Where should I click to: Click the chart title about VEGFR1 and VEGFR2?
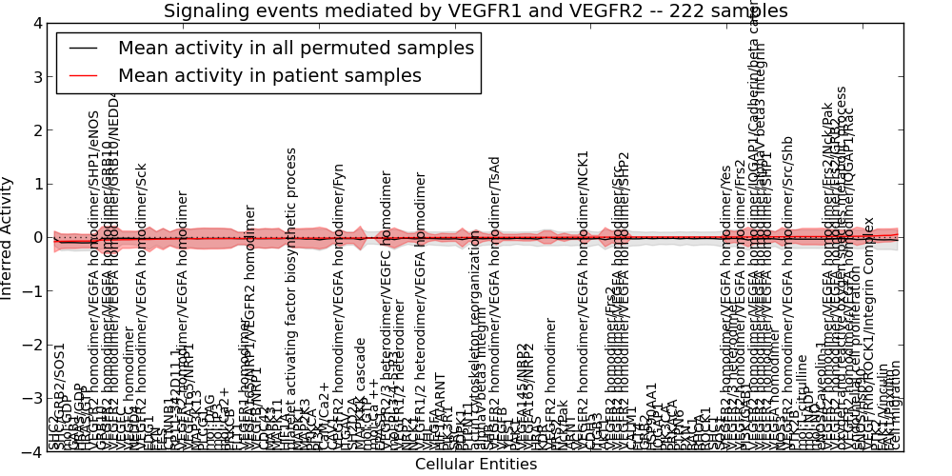pos(475,11)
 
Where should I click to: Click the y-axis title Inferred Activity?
pos(9,237)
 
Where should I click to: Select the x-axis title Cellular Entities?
pos(475,465)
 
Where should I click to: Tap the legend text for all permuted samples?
pos(295,48)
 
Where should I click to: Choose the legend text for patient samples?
pos(269,75)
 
